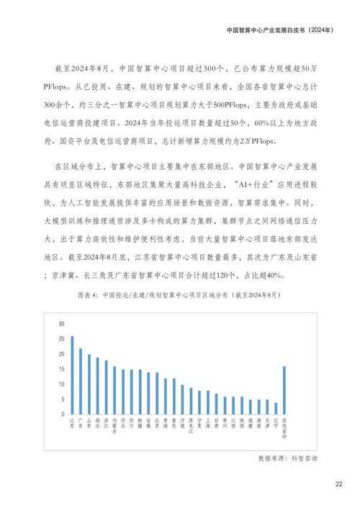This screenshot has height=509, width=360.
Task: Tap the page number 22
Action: (338, 484)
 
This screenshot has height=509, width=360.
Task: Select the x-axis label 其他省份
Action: (284, 428)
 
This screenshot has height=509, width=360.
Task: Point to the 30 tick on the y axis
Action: (62, 322)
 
